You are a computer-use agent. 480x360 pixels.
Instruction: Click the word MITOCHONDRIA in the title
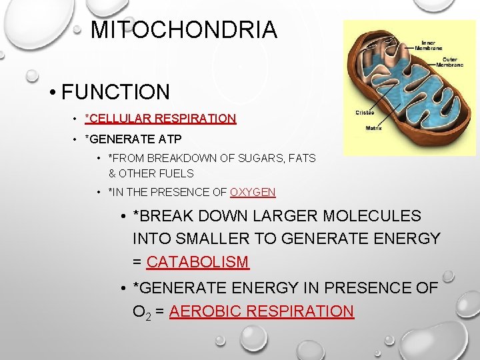[x=183, y=30]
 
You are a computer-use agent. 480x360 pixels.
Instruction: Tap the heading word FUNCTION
[x=115, y=92]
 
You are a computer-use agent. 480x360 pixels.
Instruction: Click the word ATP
[x=169, y=139]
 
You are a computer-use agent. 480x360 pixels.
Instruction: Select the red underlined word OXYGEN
[x=253, y=192]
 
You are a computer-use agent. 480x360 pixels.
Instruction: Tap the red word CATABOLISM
[x=197, y=262]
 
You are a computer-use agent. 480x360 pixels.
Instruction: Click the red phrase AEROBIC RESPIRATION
[x=261, y=311]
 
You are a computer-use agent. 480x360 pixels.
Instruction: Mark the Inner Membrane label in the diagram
[x=429, y=45]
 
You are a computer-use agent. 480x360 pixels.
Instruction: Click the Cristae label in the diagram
[x=365, y=112]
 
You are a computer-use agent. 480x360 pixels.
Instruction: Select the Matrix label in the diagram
[x=374, y=129]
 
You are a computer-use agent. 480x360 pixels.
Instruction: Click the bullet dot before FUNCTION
[x=51, y=93]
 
